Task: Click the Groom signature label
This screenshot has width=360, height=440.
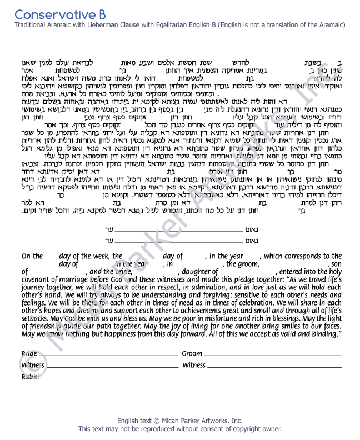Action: pyautogui.click(x=192, y=354)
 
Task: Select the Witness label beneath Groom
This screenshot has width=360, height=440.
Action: pyautogui.click(x=194, y=365)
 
